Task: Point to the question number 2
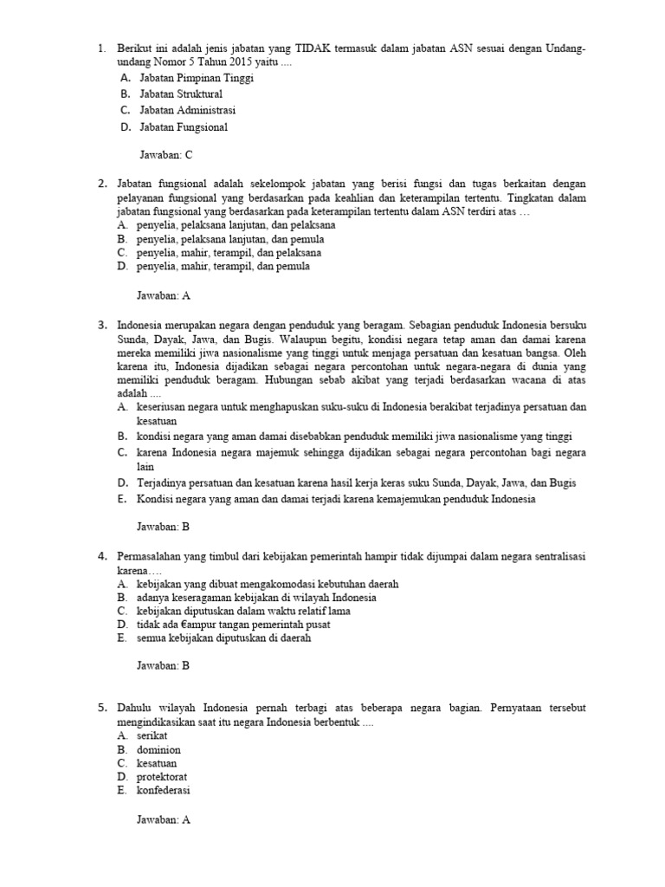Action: tap(102, 184)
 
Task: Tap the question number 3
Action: tap(102, 324)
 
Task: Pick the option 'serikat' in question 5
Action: tap(152, 735)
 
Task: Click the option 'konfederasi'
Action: tap(164, 791)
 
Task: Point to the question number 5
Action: tap(102, 708)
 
